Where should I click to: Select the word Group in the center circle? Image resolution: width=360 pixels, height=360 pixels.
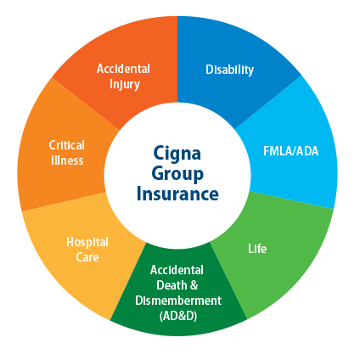click(x=177, y=175)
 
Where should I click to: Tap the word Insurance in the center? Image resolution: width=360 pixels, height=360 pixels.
click(x=177, y=194)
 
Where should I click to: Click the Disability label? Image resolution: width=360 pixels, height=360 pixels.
click(x=229, y=70)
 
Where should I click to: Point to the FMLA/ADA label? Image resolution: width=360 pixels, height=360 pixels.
click(x=291, y=151)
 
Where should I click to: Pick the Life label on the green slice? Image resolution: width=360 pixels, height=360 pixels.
click(x=257, y=249)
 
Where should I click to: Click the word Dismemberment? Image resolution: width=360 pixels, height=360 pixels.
click(x=178, y=301)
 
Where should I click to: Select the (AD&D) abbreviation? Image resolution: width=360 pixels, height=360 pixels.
click(x=178, y=316)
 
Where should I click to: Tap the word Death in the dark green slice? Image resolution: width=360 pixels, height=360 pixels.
click(x=171, y=285)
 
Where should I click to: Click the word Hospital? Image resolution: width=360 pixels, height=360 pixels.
click(x=87, y=243)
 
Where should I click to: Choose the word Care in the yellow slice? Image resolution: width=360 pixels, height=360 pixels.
click(x=87, y=257)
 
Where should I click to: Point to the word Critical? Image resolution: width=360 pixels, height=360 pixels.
click(x=67, y=145)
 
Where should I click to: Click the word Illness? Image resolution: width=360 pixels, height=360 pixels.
click(x=67, y=160)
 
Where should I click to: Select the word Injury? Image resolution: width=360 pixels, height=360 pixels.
click(x=125, y=85)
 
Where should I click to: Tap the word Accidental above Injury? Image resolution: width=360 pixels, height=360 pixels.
click(x=123, y=69)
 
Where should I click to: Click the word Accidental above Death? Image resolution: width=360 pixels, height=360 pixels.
click(x=177, y=270)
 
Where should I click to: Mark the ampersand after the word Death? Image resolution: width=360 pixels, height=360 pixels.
click(x=194, y=285)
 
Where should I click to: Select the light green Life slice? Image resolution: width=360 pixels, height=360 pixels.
click(x=272, y=255)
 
